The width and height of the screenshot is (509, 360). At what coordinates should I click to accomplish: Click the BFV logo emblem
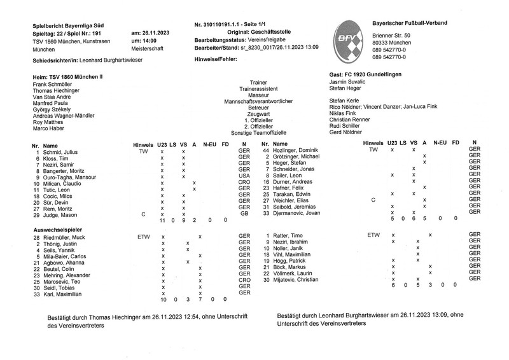tap(351, 39)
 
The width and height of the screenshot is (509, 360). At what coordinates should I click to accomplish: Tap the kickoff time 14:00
tap(142, 40)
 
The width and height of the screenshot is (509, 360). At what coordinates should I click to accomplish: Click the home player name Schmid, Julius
tap(60, 152)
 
